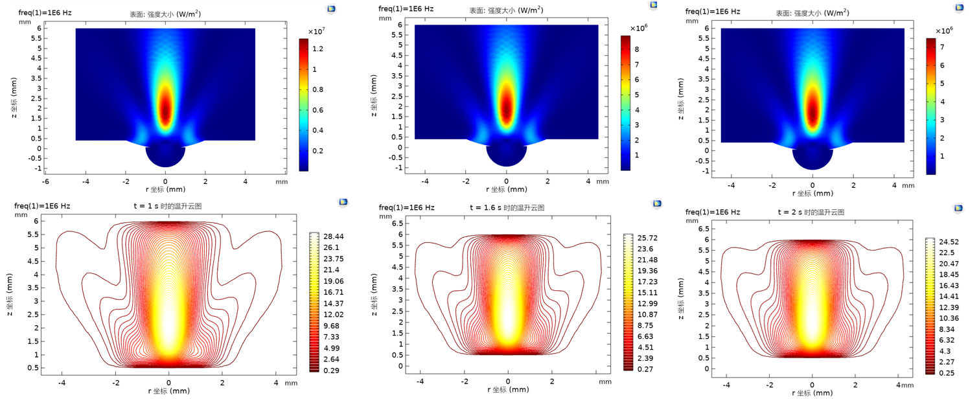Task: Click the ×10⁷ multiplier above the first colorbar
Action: (316, 31)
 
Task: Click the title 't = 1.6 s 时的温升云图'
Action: (507, 208)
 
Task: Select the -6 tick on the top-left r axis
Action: (45, 182)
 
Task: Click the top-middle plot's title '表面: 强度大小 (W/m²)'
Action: (506, 10)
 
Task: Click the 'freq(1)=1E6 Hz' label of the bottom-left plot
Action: (42, 206)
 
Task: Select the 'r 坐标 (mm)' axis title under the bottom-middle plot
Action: (508, 390)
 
